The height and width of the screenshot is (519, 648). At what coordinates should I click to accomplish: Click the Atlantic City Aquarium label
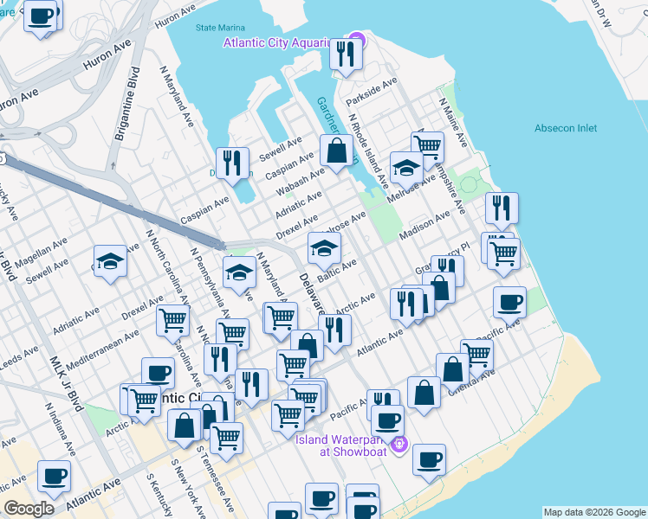(x=278, y=43)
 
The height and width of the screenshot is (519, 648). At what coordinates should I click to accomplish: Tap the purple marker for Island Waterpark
(x=399, y=445)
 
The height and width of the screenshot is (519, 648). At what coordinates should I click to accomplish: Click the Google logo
(x=29, y=509)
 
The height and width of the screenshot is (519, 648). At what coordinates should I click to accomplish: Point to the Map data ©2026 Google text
(x=593, y=512)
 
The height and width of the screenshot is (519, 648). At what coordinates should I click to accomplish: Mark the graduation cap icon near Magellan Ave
(x=111, y=262)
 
